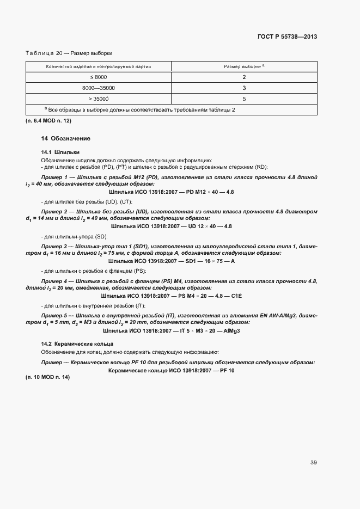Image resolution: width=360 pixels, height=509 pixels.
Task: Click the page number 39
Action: click(313, 463)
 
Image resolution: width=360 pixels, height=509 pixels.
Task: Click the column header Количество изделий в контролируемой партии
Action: click(99, 66)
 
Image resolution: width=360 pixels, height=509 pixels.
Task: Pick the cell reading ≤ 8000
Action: click(99, 77)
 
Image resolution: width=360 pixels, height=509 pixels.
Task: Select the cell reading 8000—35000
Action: click(99, 88)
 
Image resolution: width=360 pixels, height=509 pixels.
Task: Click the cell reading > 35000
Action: click(99, 99)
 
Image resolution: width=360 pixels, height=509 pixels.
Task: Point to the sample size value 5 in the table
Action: click(244, 99)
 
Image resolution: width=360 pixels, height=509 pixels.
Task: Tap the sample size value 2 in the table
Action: click(244, 77)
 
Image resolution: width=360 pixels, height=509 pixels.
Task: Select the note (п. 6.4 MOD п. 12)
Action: click(48, 120)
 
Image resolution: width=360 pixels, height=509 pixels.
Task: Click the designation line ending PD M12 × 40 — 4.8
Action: click(171, 192)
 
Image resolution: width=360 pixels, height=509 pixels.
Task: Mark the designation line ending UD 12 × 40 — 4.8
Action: click(171, 226)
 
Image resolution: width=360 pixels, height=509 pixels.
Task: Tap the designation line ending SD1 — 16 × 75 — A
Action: click(171, 261)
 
